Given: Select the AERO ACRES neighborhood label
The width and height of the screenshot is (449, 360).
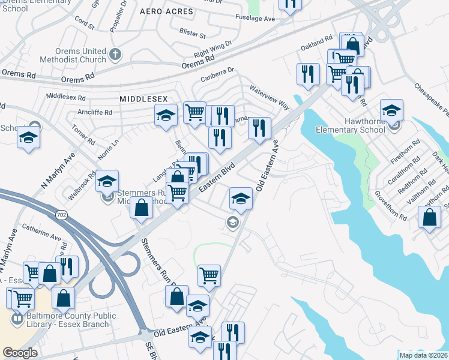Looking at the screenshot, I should (x=166, y=11).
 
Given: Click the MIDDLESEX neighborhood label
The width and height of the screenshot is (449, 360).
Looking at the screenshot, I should (x=143, y=98).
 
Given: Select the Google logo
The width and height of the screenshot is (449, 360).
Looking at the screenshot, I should (x=20, y=353).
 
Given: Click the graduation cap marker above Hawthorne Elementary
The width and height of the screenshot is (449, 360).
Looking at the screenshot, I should (x=391, y=110).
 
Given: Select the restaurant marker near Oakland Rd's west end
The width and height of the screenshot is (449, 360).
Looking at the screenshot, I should (x=308, y=74).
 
